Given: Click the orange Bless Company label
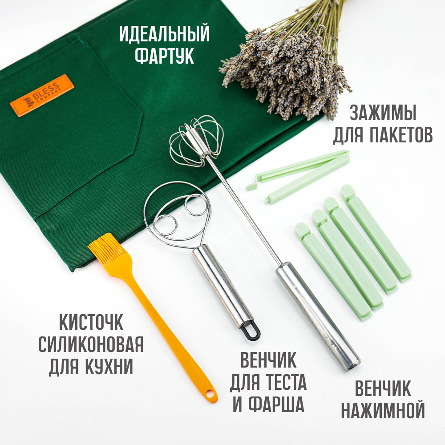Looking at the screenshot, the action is pyautogui.click(x=42, y=95).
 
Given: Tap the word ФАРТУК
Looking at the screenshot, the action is pyautogui.click(x=164, y=56).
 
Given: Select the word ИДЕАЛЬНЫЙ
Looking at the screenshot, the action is pyautogui.click(x=164, y=34).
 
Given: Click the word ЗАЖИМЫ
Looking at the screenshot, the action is pyautogui.click(x=383, y=113).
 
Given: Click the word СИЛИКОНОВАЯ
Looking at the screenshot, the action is pyautogui.click(x=91, y=344).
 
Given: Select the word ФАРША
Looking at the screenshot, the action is pyautogui.click(x=276, y=404).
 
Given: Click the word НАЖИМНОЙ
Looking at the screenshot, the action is pyautogui.click(x=383, y=410).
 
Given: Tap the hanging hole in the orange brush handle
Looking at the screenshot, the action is pyautogui.click(x=210, y=394).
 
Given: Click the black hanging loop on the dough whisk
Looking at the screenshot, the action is pyautogui.click(x=250, y=332).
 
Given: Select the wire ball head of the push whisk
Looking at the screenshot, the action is pyautogui.click(x=196, y=141).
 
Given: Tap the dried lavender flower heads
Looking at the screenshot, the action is pyautogui.click(x=287, y=74).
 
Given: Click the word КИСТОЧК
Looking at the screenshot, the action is pyautogui.click(x=91, y=322).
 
